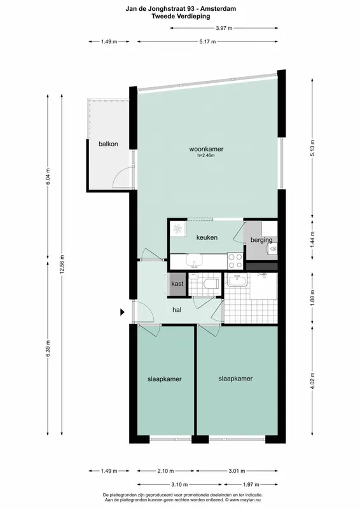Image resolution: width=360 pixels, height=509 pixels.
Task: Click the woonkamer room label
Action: (206, 150)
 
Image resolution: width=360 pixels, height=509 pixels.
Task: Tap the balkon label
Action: (108, 144)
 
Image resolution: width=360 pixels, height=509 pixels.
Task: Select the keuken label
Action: (207, 237)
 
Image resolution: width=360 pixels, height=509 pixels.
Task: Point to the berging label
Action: (261, 241)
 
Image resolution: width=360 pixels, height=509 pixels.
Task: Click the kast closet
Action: (177, 284)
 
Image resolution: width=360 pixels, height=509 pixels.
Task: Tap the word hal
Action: (177, 310)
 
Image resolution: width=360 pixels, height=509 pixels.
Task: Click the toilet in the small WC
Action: (211, 284)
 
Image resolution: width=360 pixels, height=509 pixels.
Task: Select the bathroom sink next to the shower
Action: (237, 280)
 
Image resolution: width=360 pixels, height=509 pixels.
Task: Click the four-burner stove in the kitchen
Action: (235, 261)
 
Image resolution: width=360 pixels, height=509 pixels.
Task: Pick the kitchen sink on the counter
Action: (194, 261)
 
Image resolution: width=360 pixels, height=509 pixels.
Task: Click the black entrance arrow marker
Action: (122, 312)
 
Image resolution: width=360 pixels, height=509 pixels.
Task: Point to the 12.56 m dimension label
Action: (62, 264)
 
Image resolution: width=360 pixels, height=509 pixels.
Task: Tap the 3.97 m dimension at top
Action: (224, 28)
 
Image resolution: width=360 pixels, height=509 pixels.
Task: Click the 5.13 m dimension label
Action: (312, 148)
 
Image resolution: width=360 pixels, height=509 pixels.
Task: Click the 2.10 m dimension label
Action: (165, 471)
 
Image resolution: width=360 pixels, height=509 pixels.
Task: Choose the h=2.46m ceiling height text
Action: (206, 155)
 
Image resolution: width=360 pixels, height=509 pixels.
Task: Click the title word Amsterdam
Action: (222, 9)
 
